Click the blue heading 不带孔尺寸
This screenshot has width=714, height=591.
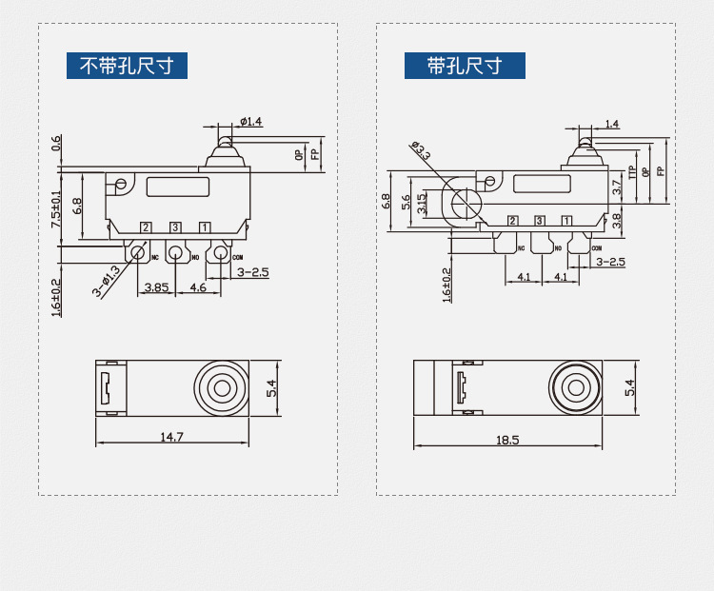[127, 66]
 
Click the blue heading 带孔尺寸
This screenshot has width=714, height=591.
[465, 66]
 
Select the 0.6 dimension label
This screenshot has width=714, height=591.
[57, 143]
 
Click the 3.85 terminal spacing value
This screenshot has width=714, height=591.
[156, 286]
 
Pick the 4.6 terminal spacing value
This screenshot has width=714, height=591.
[198, 286]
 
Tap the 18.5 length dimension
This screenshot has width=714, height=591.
[507, 440]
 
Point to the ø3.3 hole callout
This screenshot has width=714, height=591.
[421, 150]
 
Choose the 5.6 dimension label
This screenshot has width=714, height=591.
[406, 202]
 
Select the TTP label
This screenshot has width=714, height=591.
[631, 173]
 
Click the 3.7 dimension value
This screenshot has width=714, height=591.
[616, 188]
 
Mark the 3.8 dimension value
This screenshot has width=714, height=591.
[616, 221]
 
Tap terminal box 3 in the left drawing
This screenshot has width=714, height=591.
[175, 227]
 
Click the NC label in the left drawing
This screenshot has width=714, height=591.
[154, 257]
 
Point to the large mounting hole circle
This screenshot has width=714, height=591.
[466, 202]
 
